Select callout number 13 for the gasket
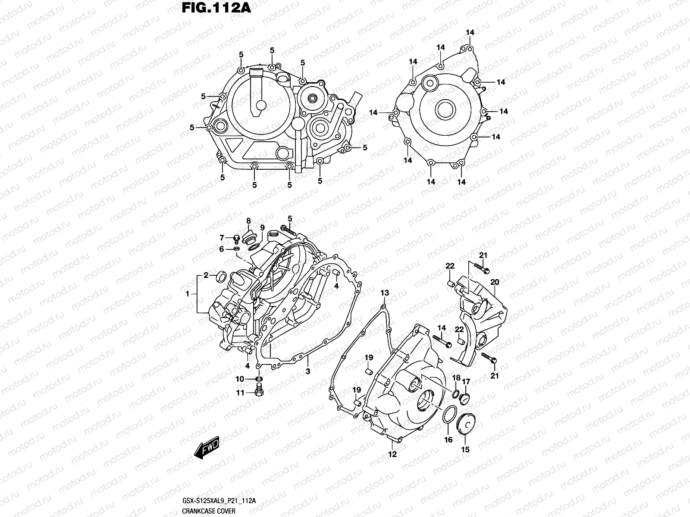(x=384, y=293)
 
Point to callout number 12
(x=392, y=454)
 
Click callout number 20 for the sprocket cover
(x=495, y=282)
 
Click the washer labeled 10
(x=259, y=379)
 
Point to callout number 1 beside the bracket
(x=188, y=294)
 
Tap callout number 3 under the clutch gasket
(x=308, y=371)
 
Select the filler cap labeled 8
(x=249, y=235)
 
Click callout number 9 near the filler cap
(x=262, y=228)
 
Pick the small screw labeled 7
(x=236, y=238)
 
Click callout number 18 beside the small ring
(x=456, y=378)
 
